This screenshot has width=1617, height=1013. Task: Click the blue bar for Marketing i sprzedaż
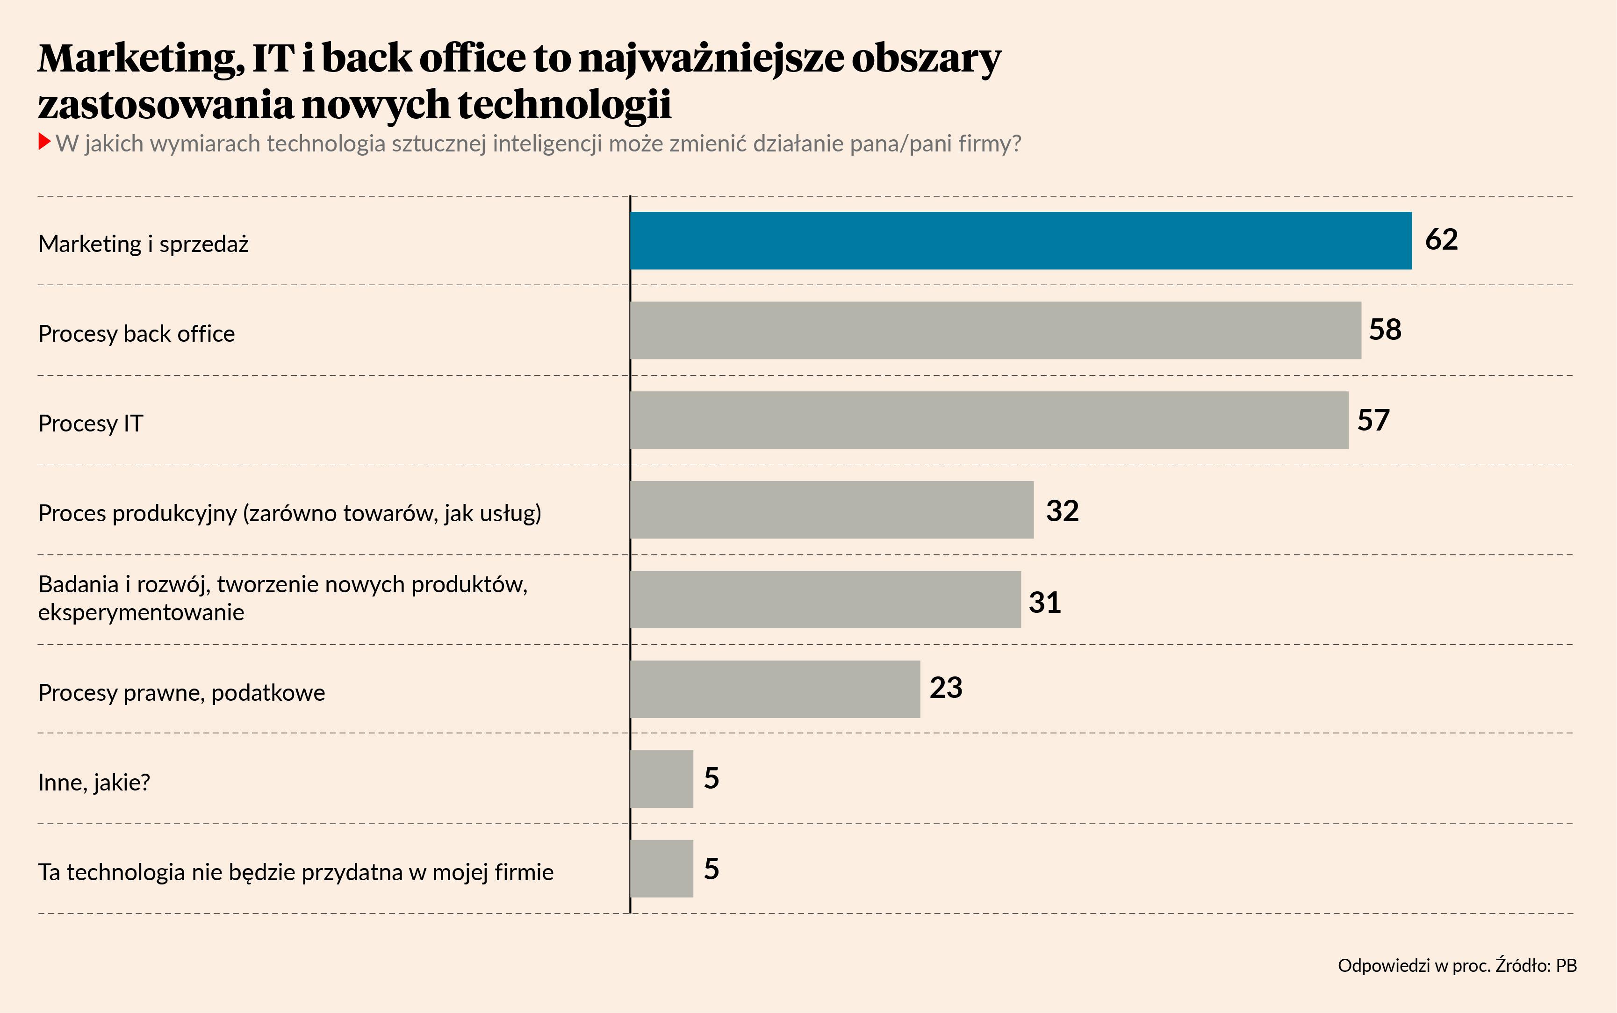pos(1020,241)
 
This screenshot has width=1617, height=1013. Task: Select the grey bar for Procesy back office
pos(995,330)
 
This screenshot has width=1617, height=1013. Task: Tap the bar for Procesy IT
pos(989,420)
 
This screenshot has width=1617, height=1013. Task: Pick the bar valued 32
pos(831,510)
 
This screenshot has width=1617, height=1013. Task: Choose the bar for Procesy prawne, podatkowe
pos(775,690)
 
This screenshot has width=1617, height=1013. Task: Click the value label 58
pos(1385,330)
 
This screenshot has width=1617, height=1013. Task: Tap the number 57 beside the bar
pos(1373,420)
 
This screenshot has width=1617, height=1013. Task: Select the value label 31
pos(1044,602)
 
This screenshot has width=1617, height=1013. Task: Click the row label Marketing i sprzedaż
pos(144,244)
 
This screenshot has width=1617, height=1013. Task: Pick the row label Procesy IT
pos(90,424)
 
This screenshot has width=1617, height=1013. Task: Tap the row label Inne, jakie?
pos(94,783)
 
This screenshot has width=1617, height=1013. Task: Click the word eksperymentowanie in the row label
pos(141,612)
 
